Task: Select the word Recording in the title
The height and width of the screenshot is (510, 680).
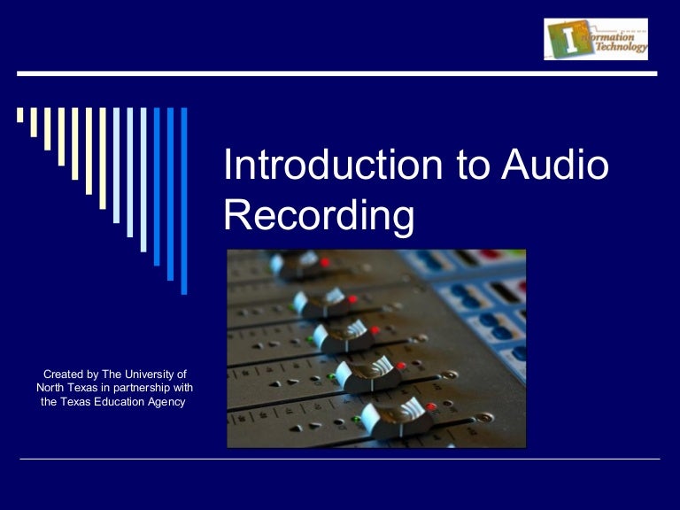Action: [x=319, y=216]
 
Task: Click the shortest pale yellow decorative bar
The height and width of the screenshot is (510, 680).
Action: [x=19, y=115]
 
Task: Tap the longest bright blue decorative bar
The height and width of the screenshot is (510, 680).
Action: [x=184, y=200]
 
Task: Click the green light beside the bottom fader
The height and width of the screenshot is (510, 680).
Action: [x=356, y=420]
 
